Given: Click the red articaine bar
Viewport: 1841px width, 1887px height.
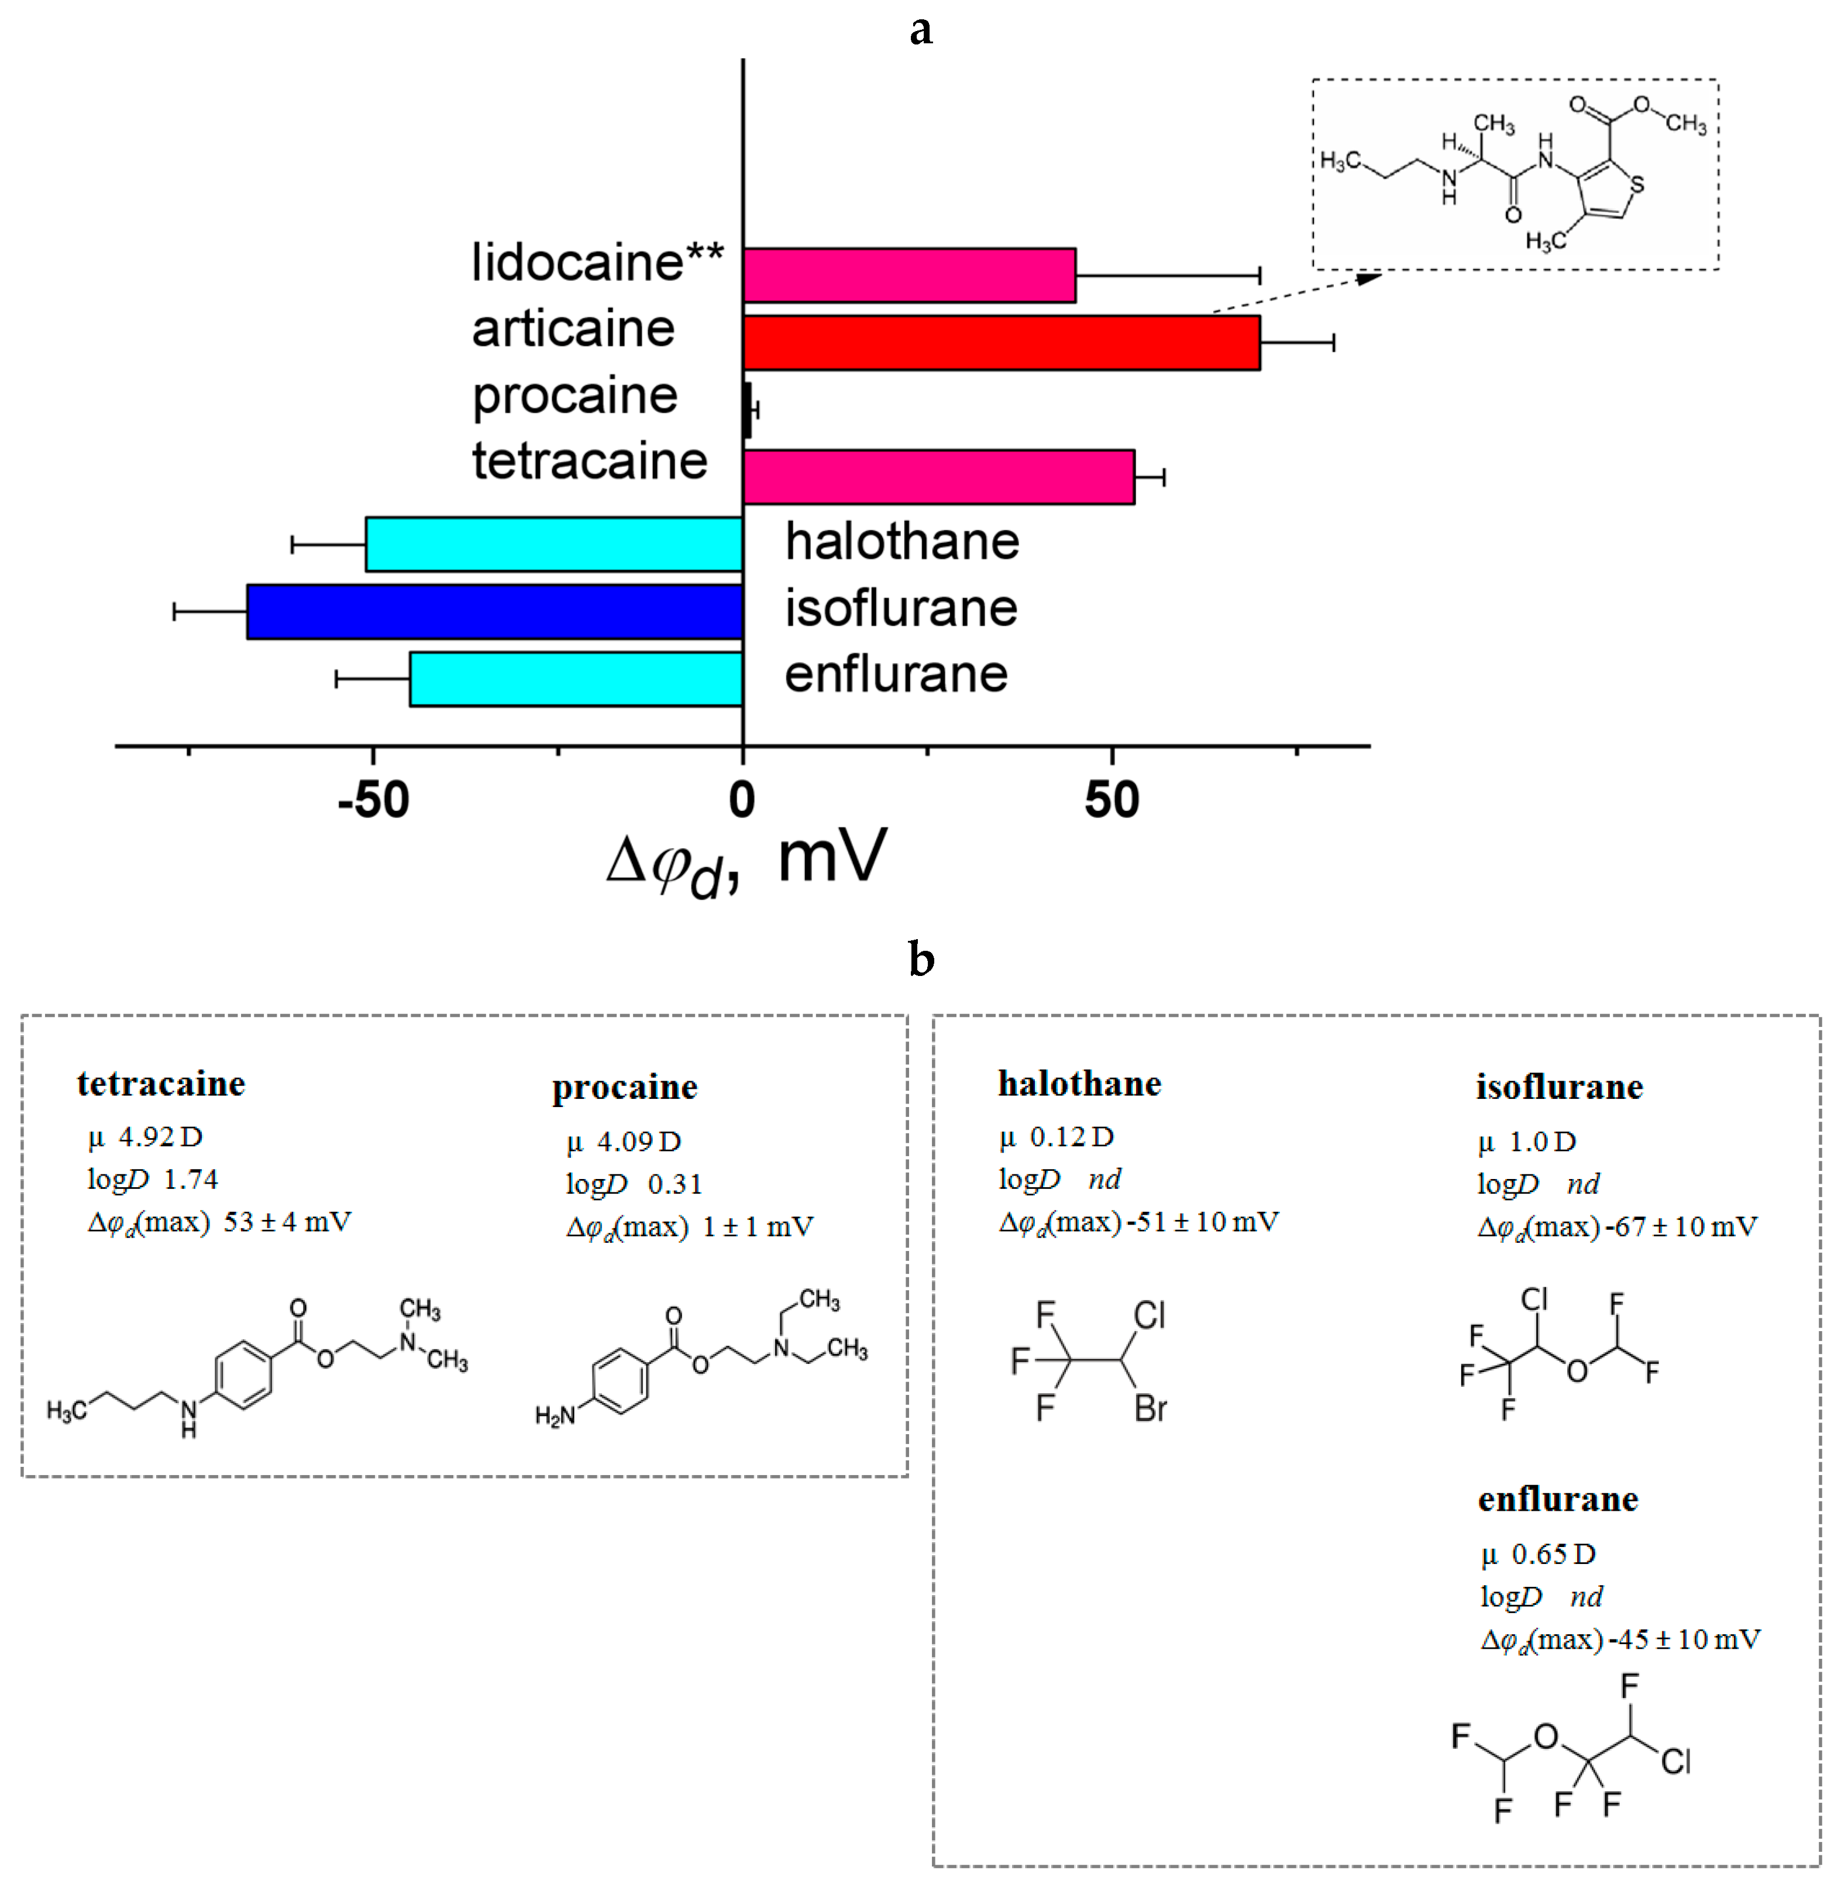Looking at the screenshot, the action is point(1001,342).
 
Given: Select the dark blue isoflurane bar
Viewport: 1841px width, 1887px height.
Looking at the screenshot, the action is point(494,611).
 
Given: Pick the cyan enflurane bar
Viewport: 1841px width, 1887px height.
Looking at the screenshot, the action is point(576,679).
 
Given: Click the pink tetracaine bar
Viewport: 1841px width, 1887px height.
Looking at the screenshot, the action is point(938,477).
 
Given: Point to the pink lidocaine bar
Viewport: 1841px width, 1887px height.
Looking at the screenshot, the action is point(909,276).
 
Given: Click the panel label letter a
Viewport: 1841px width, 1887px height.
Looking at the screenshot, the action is point(921,29).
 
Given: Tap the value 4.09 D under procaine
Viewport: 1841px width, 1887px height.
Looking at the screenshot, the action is point(638,1142).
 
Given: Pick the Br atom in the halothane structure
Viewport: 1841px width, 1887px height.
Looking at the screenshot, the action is point(1151,1408).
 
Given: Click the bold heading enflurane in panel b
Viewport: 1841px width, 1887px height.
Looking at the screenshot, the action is point(1558,1499).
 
